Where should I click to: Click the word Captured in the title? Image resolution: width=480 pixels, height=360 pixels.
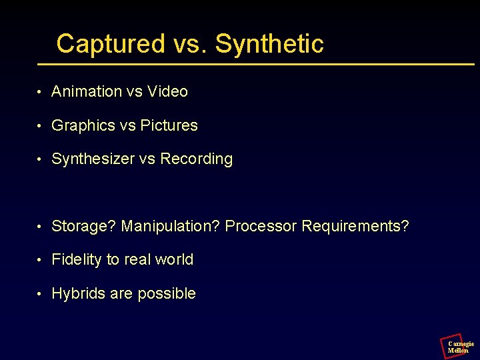(110, 44)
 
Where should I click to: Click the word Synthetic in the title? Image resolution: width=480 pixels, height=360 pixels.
(269, 44)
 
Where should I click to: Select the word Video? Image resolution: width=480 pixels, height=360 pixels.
(167, 91)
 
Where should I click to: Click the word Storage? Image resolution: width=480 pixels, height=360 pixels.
(84, 226)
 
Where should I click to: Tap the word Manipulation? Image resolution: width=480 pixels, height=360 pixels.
(171, 226)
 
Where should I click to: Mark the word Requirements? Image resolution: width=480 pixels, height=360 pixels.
(355, 226)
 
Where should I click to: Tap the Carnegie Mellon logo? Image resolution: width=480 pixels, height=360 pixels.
(457, 345)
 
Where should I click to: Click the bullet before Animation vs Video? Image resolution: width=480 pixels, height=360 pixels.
(41, 92)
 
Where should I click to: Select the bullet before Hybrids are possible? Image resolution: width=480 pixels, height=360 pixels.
(41, 294)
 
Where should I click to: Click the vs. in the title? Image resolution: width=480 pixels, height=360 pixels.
(190, 44)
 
